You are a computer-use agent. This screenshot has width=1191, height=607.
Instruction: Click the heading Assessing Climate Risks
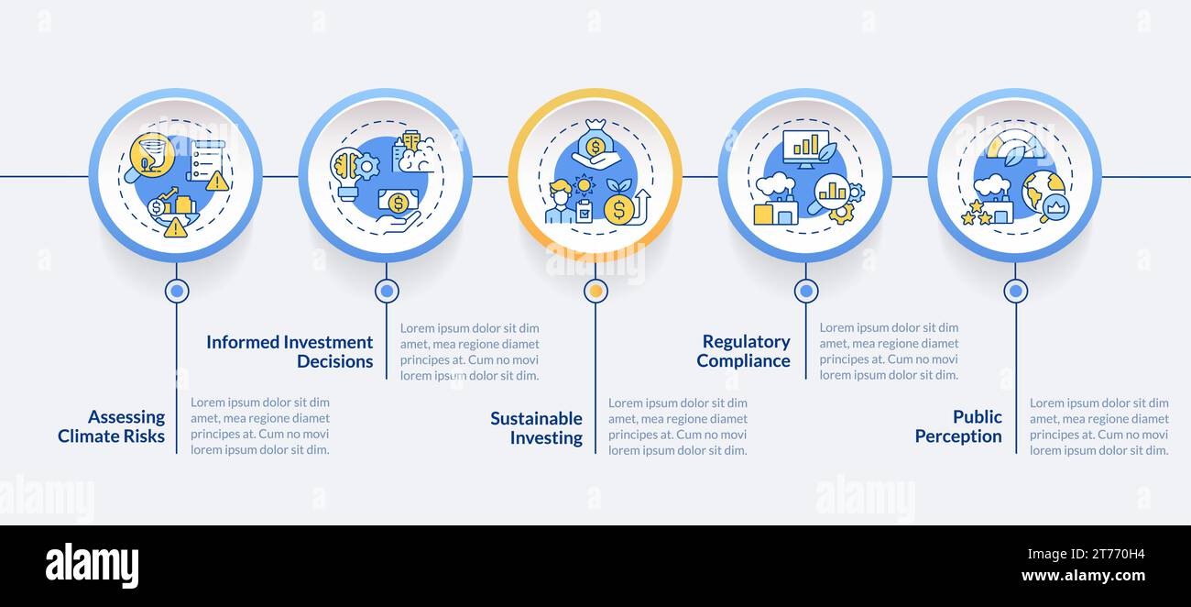pyautogui.click(x=111, y=426)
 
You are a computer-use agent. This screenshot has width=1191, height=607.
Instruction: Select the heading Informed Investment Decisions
pyautogui.click(x=290, y=352)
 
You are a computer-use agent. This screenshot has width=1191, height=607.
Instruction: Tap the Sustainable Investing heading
pyautogui.click(x=536, y=427)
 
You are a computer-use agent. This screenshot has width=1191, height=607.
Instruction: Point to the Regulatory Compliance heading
pyautogui.click(x=743, y=351)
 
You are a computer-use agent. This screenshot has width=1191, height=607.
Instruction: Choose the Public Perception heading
pyautogui.click(x=958, y=426)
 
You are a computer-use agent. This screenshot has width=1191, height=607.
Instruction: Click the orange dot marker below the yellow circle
pyautogui.click(x=595, y=291)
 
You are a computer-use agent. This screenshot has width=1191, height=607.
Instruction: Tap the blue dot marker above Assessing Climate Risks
pyautogui.click(x=177, y=291)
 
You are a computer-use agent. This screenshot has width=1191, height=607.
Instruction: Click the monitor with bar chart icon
pyautogui.click(x=806, y=149)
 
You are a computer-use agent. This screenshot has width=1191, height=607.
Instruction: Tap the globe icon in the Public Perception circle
pyautogui.click(x=1042, y=192)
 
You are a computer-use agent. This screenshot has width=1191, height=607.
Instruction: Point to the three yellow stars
pyautogui.click(x=975, y=213)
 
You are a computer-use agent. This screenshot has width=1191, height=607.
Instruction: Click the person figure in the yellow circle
pyautogui.click(x=560, y=202)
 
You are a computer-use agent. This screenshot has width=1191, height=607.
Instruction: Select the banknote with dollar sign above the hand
pyautogui.click(x=398, y=202)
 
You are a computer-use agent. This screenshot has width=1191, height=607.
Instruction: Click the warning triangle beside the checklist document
pyautogui.click(x=217, y=182)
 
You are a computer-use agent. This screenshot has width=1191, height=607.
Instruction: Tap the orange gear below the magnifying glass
pyautogui.click(x=841, y=214)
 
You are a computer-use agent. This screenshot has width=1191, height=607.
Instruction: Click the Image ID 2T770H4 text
pyautogui.click(x=1086, y=554)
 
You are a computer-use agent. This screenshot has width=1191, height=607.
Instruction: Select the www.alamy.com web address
pyautogui.click(x=1083, y=575)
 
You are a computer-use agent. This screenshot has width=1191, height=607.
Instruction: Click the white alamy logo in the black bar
pyautogui.click(x=92, y=565)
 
